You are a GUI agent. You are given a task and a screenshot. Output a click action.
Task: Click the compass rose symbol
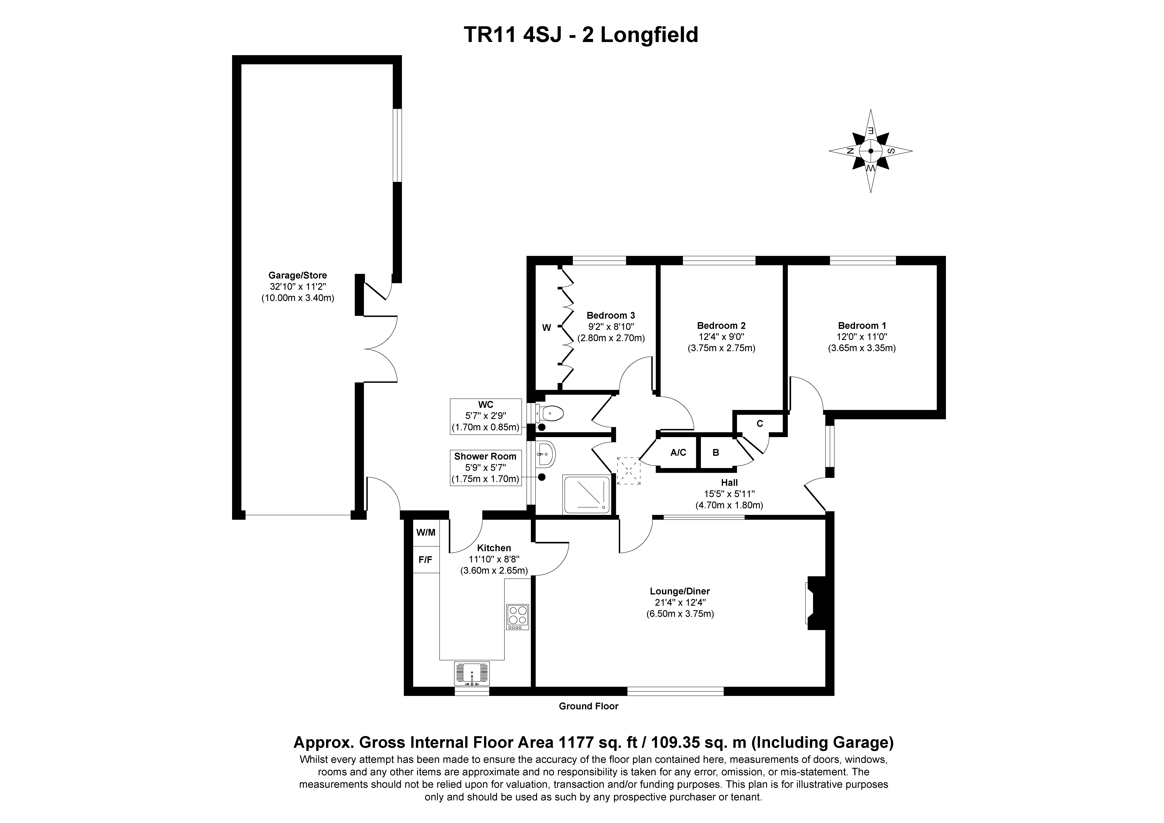coord(870,151)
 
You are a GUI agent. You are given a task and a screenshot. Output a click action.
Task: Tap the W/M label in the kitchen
coord(426,532)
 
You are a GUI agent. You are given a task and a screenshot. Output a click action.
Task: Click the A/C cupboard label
coord(678,453)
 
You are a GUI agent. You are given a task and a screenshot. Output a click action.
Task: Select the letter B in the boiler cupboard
coord(716,453)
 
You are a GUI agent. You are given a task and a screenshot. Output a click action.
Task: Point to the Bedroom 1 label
coord(862,326)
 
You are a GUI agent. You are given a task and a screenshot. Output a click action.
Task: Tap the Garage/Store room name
coord(298,276)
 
